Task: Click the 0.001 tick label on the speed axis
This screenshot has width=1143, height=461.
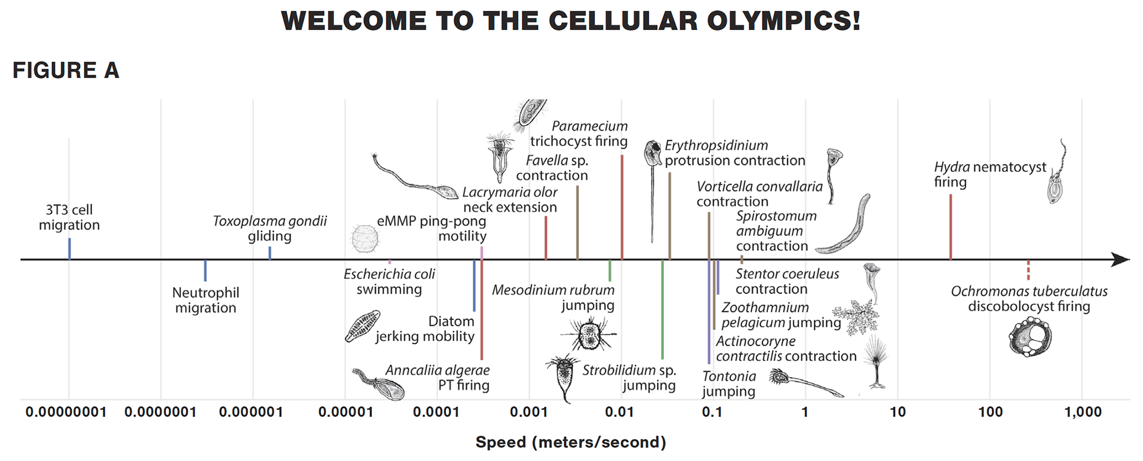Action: [x=529, y=412]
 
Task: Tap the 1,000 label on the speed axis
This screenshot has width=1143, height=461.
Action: [x=1083, y=412]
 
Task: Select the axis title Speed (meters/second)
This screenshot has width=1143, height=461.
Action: [x=571, y=442]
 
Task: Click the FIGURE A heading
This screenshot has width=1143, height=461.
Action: [x=66, y=70]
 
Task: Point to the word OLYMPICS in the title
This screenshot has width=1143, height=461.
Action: [x=784, y=21]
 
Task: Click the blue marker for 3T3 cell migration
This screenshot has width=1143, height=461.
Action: [x=70, y=248]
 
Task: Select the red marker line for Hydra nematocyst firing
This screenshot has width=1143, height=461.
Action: [x=950, y=227]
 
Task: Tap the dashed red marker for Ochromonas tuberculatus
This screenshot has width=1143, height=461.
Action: [x=1028, y=270]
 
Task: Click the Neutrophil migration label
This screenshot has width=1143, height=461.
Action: [x=206, y=300]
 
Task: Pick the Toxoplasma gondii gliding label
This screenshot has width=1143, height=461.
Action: [x=270, y=229]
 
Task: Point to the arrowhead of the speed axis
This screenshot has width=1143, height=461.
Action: [x=1121, y=259]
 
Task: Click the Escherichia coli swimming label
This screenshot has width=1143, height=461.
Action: [x=389, y=282]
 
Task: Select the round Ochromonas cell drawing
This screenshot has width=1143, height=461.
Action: [x=1030, y=337]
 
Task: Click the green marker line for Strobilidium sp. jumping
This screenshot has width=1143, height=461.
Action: [x=662, y=309]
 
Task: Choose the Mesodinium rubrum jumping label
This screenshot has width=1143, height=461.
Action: [x=553, y=298]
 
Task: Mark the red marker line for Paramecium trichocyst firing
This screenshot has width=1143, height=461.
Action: [x=622, y=207]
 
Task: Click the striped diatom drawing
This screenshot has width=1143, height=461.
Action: [x=362, y=326]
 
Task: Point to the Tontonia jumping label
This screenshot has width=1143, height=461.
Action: [x=729, y=384]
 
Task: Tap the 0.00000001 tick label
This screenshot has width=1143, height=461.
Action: [x=66, y=412]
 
